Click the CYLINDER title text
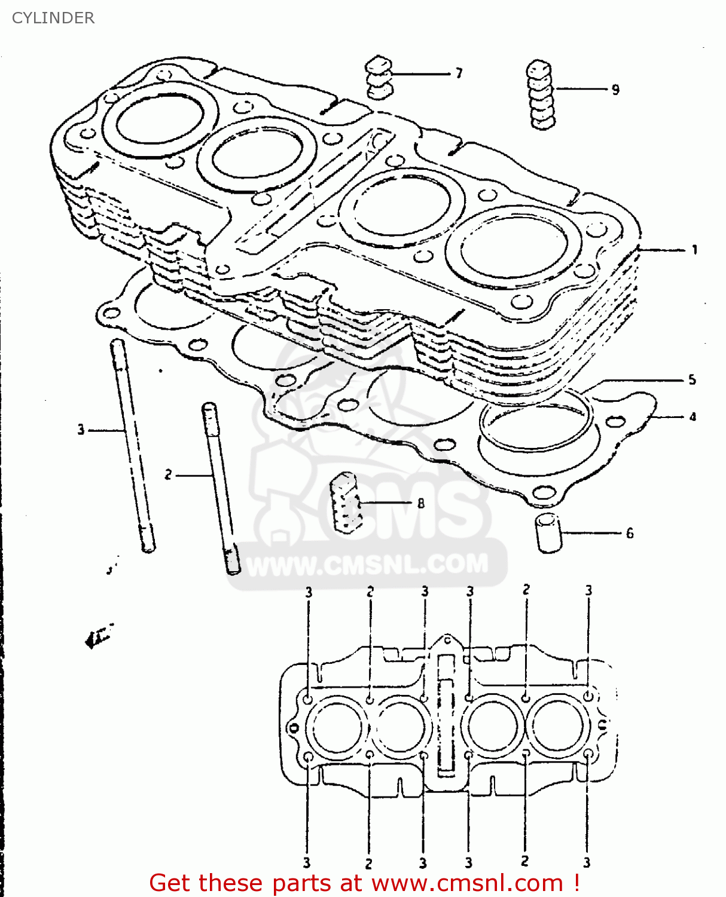53,18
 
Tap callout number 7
459,74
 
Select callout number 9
615,90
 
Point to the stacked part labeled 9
541,94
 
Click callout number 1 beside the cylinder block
694,249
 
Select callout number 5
692,380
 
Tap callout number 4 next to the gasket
693,417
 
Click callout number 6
630,533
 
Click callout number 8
421,504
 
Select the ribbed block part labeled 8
346,502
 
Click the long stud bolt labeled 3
132,446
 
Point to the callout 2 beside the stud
168,475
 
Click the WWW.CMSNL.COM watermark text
367,565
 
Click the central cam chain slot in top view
446,712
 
